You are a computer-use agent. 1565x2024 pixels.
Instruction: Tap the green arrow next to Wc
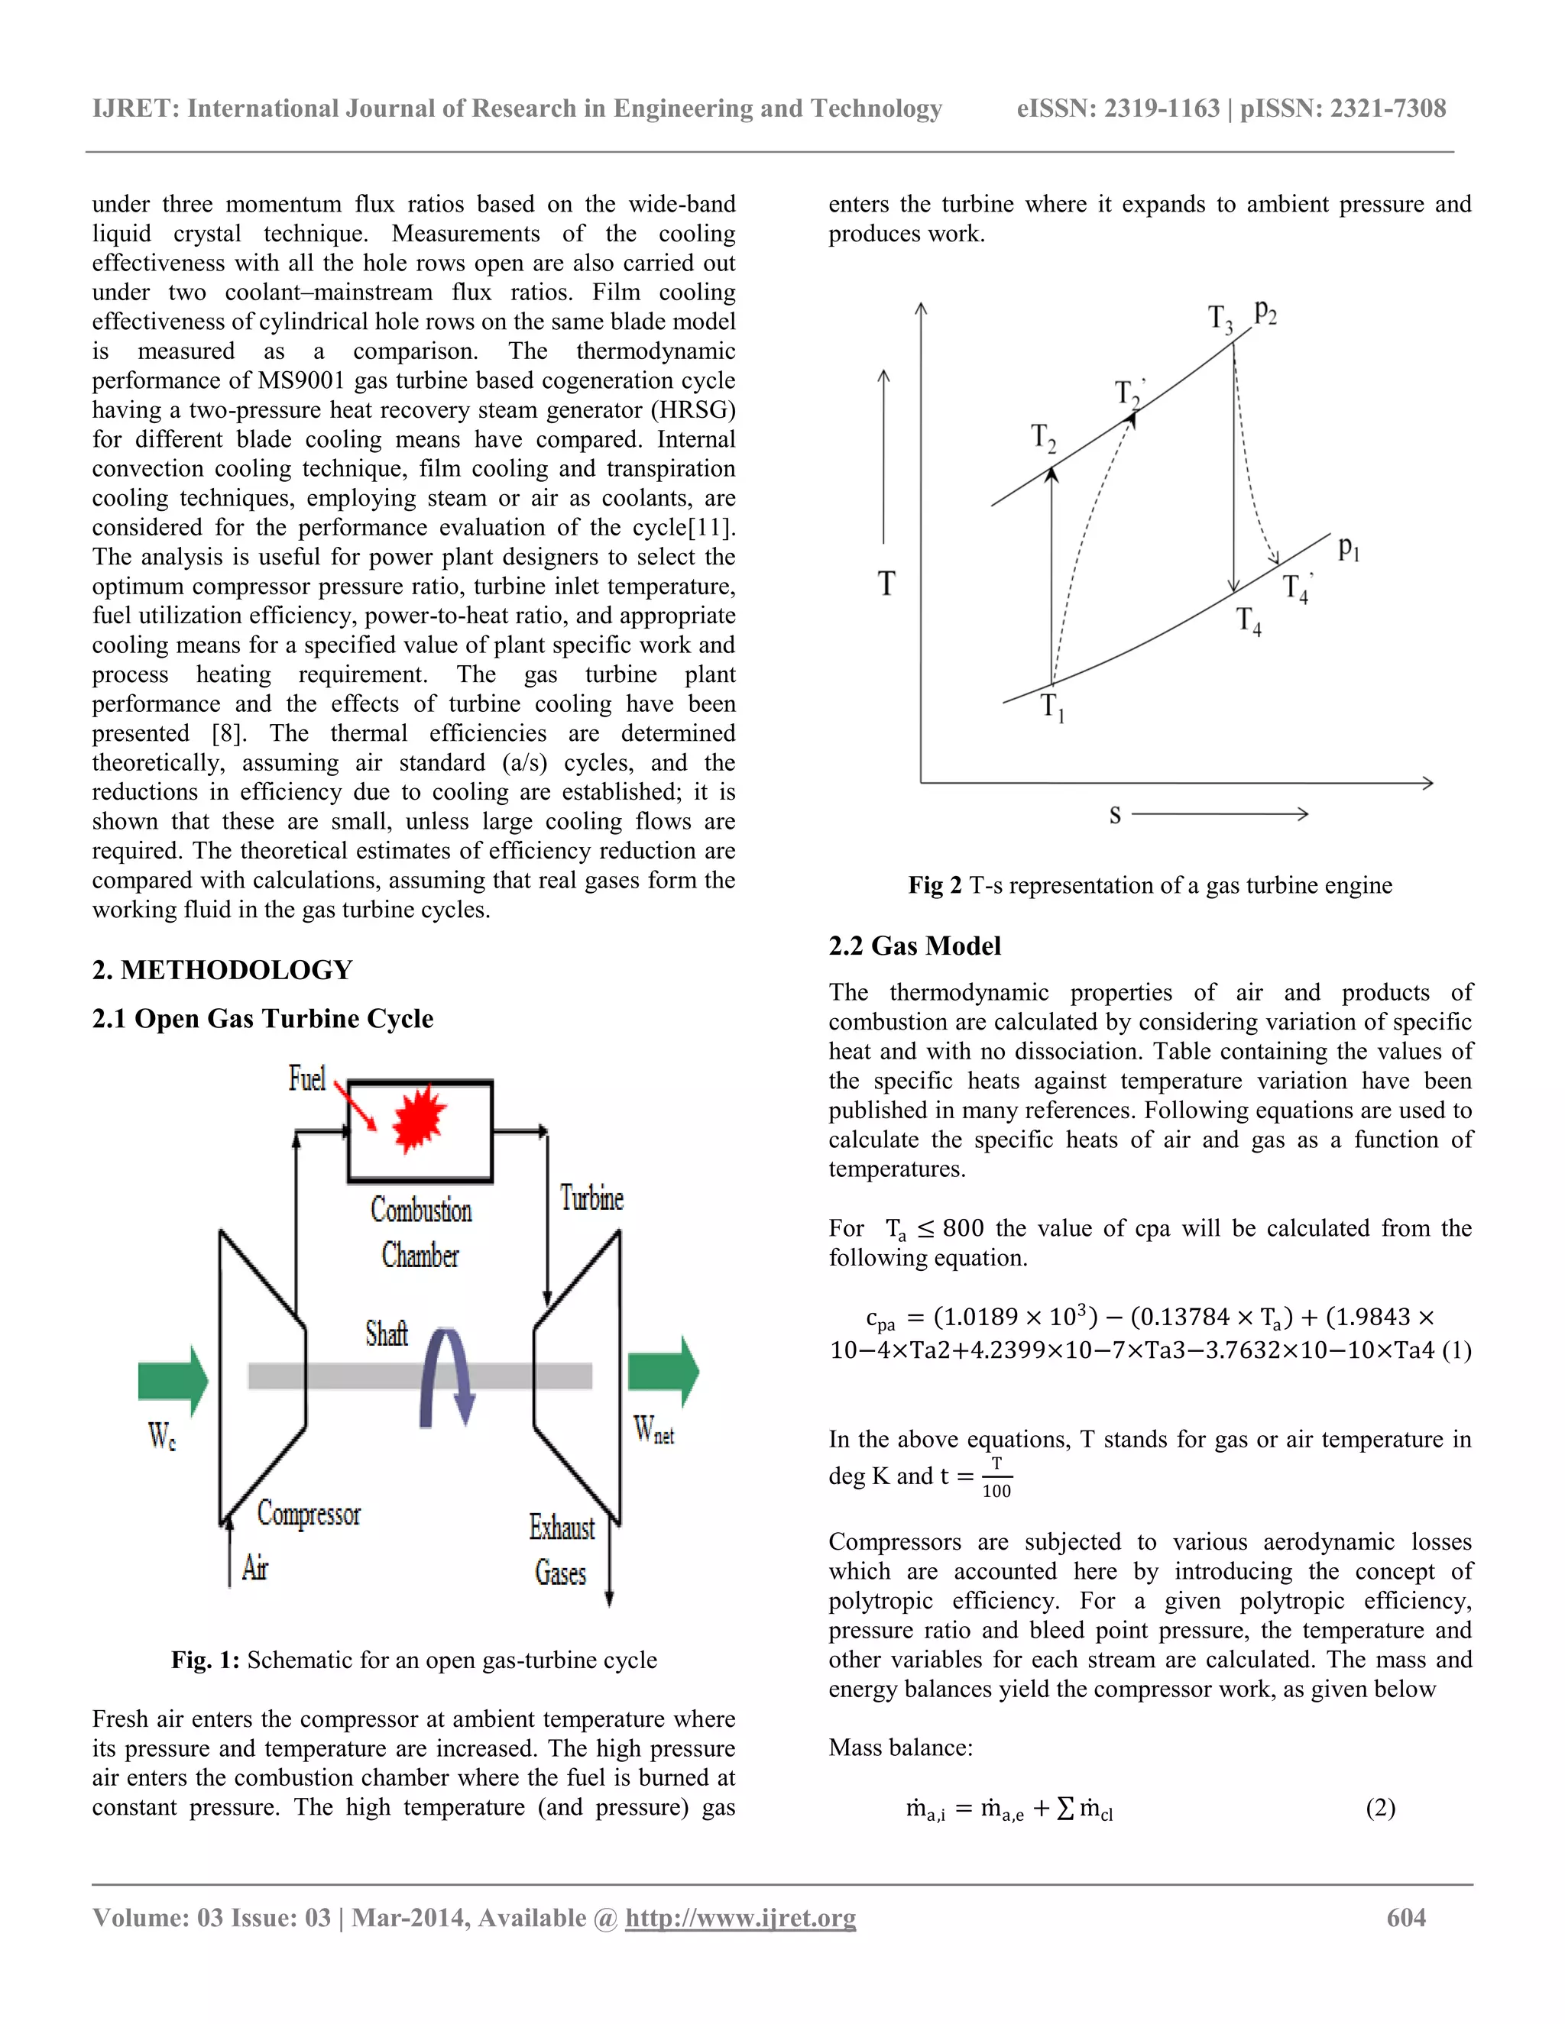click(173, 1381)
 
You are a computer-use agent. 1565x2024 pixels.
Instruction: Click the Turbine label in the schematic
click(591, 1198)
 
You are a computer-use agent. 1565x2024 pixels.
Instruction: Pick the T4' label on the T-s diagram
click(1297, 588)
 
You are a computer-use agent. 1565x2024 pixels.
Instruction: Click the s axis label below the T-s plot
click(1116, 815)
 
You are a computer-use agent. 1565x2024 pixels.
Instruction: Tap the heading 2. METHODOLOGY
click(222, 969)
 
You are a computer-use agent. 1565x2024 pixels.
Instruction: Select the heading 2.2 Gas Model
click(914, 946)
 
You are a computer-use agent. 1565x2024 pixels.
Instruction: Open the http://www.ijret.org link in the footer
click(740, 1917)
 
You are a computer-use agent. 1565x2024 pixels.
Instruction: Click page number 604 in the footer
click(1405, 1917)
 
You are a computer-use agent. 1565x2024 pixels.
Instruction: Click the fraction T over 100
click(996, 1477)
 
